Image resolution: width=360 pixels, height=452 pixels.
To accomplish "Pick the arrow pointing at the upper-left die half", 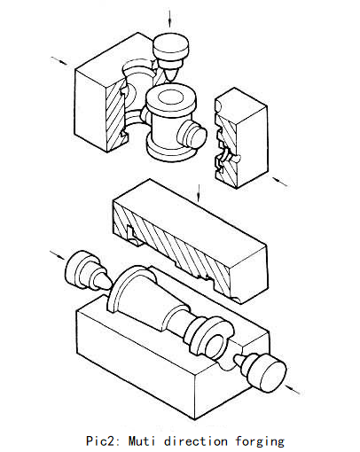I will coord(60,61).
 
